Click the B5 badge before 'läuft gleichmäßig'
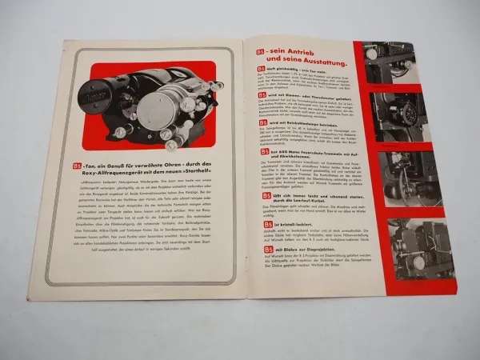[261, 70]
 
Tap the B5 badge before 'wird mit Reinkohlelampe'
[262, 123]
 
